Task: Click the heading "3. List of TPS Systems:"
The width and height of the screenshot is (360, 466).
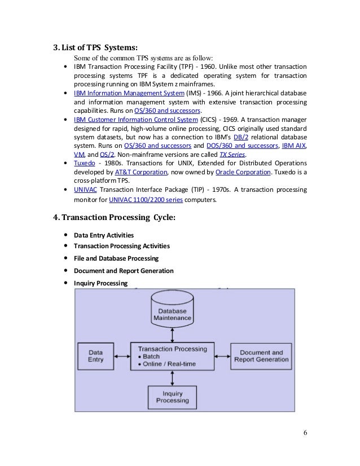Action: pos(95,47)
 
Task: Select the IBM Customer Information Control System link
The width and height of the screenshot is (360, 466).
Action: pos(136,120)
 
